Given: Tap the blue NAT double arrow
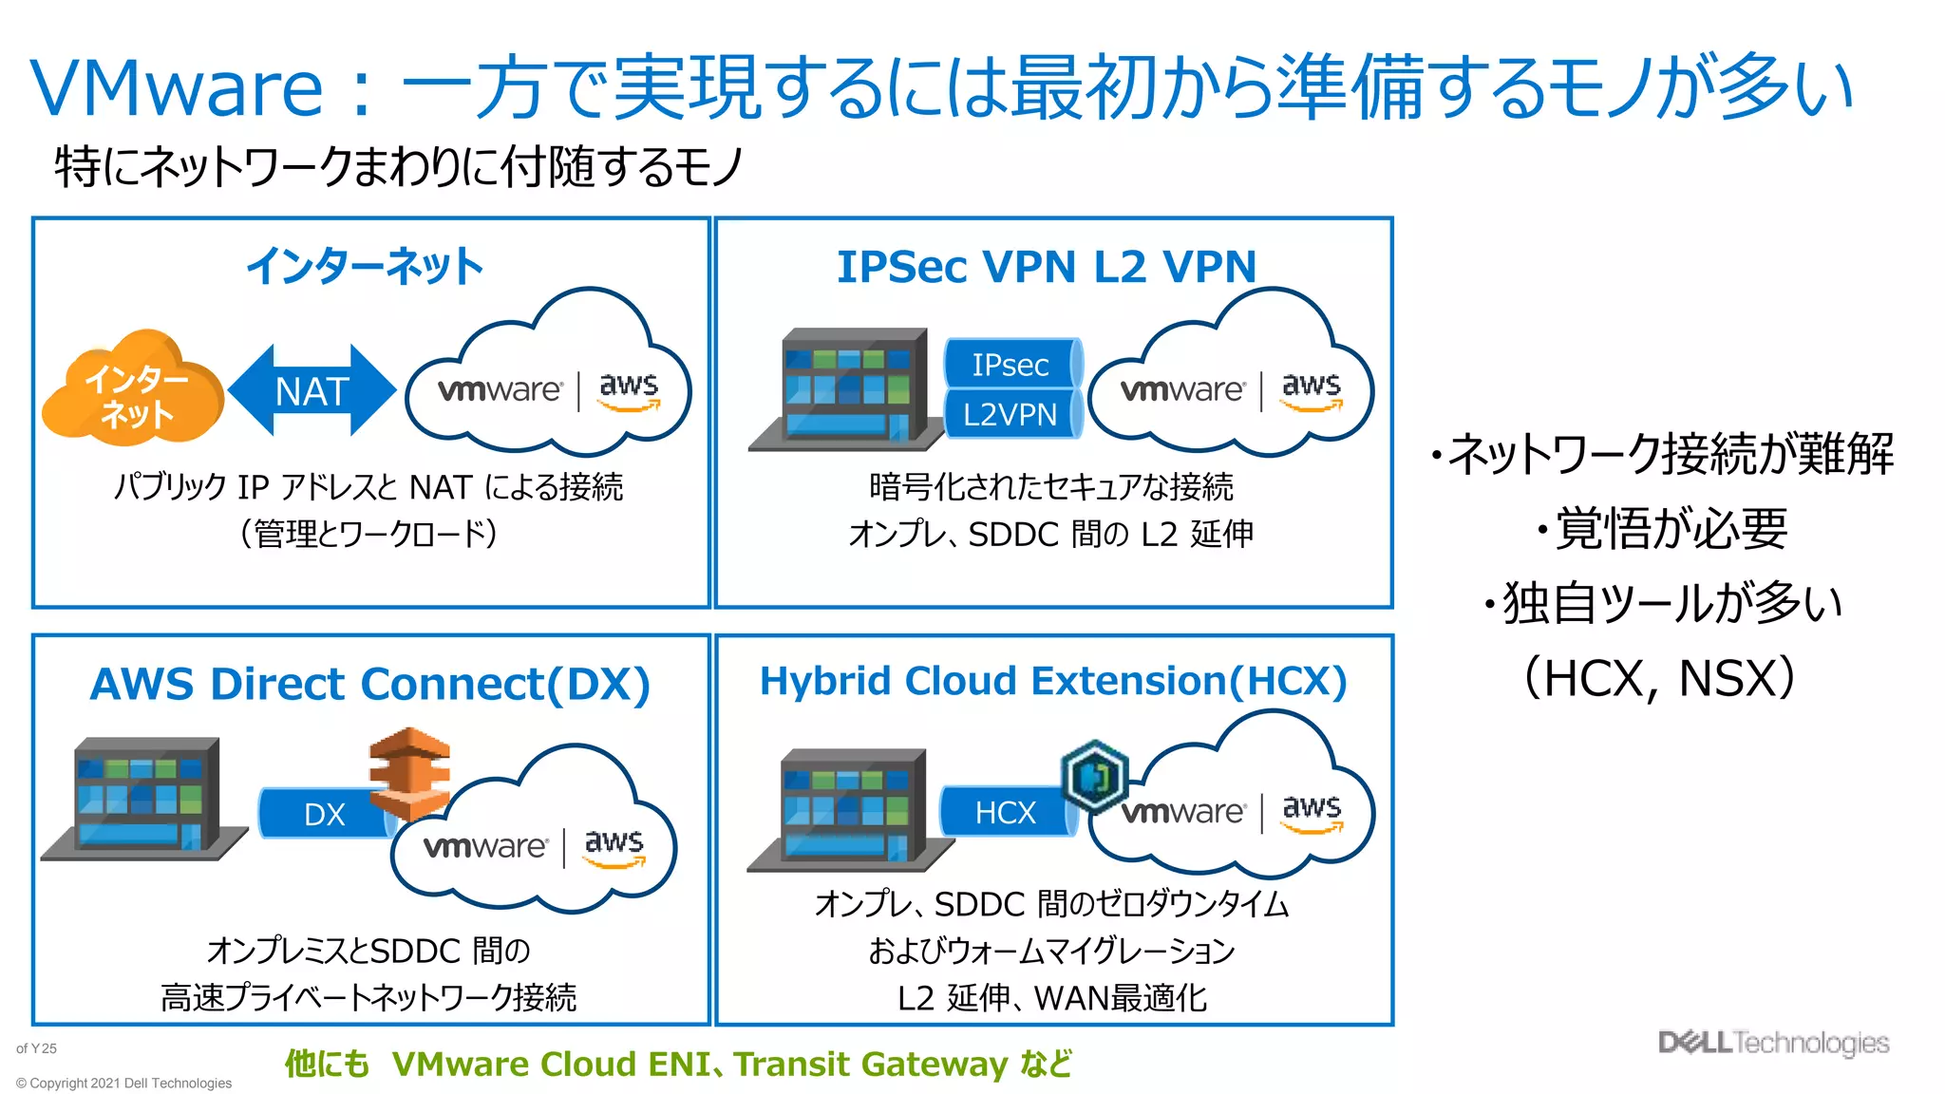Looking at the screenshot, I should tap(312, 390).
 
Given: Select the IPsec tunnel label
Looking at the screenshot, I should tap(1010, 364).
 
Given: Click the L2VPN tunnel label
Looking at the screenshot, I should tap(1010, 414).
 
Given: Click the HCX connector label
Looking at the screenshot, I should tap(1005, 812).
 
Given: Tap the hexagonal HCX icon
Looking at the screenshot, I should tap(1094, 777).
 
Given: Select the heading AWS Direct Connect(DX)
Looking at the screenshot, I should tap(370, 684).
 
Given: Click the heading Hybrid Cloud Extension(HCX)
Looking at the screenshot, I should tap(1053, 681).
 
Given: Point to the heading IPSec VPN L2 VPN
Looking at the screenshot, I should tap(1047, 267).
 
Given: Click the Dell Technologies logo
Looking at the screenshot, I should tap(1773, 1042).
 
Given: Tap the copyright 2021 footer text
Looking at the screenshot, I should tap(123, 1083).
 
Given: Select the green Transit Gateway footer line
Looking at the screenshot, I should tap(678, 1064).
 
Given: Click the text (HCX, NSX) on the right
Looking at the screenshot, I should tap(1658, 678).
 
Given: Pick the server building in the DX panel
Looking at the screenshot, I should tap(142, 798).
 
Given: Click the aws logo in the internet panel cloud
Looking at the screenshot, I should tap(629, 390).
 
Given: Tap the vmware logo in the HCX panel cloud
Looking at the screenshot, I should tap(1181, 812).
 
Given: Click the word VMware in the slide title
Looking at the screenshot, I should tap(178, 88).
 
